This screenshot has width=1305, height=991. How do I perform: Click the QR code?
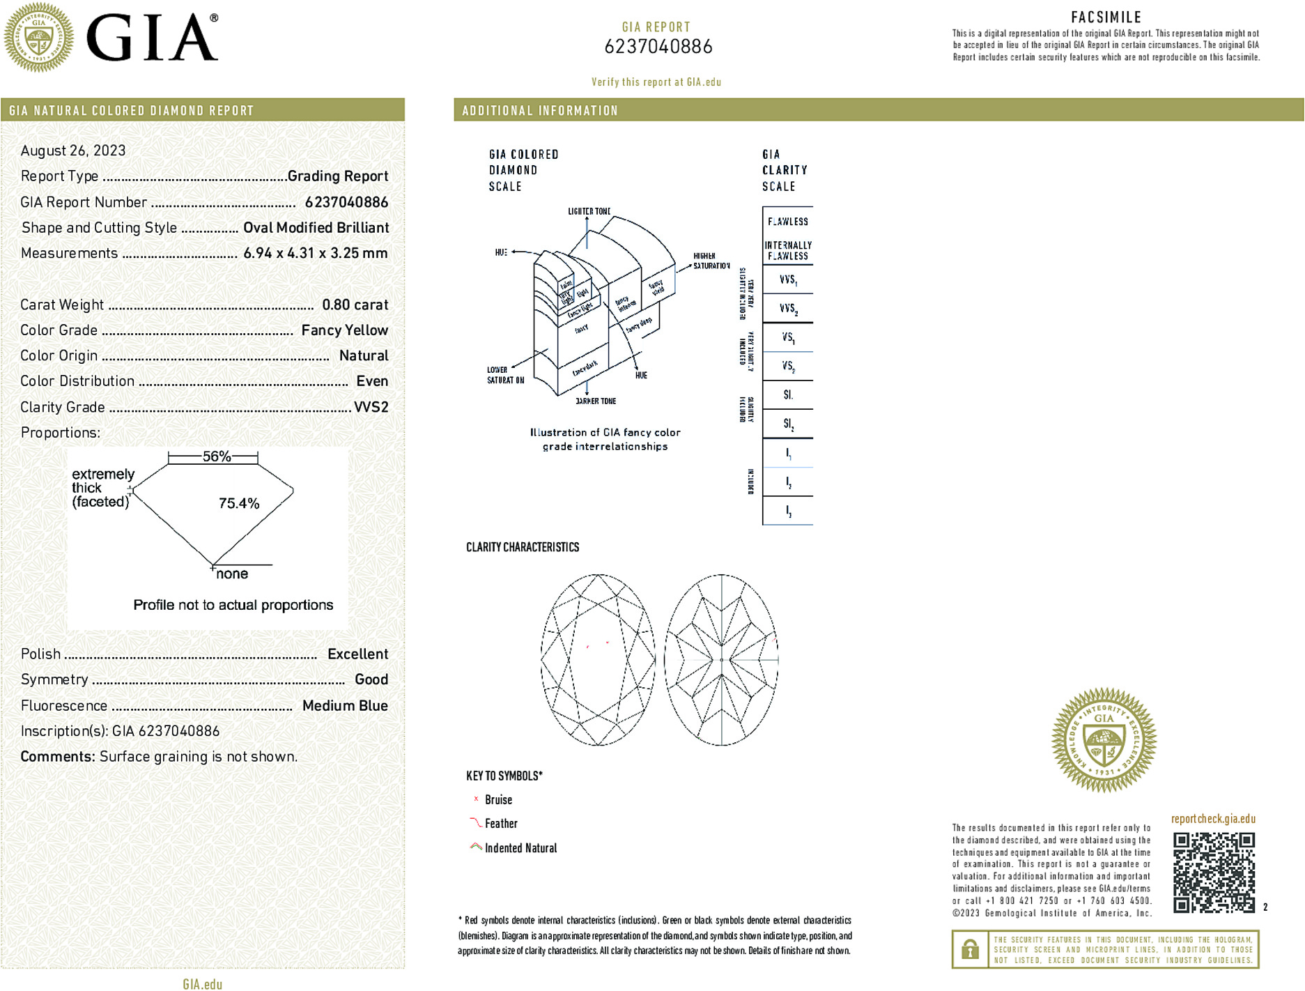point(1214,872)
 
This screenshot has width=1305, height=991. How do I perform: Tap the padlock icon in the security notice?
point(969,949)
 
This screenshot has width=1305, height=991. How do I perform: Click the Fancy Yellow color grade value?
point(344,330)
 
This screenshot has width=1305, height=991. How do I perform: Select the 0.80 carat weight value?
point(355,305)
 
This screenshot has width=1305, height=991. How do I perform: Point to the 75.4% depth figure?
point(239,503)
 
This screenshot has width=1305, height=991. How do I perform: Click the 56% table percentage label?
point(216,456)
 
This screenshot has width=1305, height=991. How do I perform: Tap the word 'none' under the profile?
point(232,574)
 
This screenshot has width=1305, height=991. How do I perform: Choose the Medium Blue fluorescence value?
point(345,705)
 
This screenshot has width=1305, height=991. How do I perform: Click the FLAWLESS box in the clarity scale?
point(788,222)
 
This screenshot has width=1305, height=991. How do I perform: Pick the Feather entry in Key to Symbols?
point(501,824)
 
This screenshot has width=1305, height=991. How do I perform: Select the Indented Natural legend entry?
point(520,848)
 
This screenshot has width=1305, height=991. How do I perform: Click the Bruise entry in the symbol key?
point(498,800)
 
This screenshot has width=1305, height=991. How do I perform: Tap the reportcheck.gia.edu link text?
point(1213,819)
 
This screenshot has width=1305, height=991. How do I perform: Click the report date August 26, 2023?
point(73,151)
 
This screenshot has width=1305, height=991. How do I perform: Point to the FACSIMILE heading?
point(1106,17)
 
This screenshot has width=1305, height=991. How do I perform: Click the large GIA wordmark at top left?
point(152,38)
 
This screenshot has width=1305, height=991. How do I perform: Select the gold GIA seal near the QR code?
point(1104,740)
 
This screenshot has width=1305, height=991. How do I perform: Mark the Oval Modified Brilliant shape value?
point(316,228)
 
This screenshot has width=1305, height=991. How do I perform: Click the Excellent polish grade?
point(357,654)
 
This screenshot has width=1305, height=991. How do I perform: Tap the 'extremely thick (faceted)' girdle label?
point(102,488)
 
